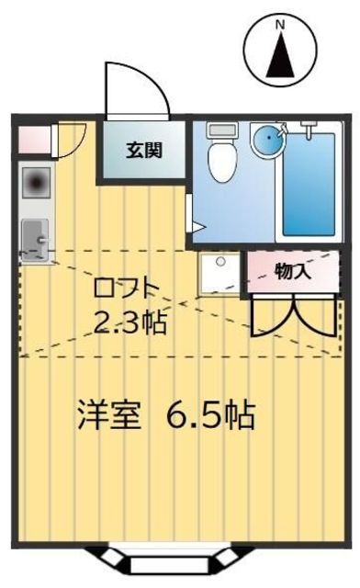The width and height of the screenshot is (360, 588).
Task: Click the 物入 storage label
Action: click(x=293, y=271)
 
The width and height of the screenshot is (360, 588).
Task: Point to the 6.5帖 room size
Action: click(x=209, y=416)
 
